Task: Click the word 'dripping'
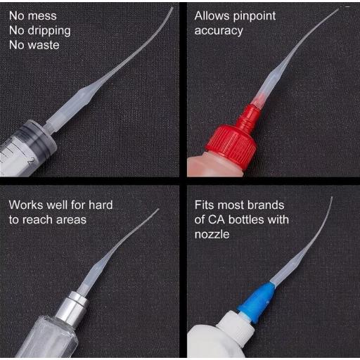49,31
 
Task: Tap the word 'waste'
44,45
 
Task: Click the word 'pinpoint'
255,17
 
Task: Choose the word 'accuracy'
219,32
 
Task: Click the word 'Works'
26,205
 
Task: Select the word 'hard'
101,205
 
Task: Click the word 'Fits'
204,205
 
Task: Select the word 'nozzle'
212,235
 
